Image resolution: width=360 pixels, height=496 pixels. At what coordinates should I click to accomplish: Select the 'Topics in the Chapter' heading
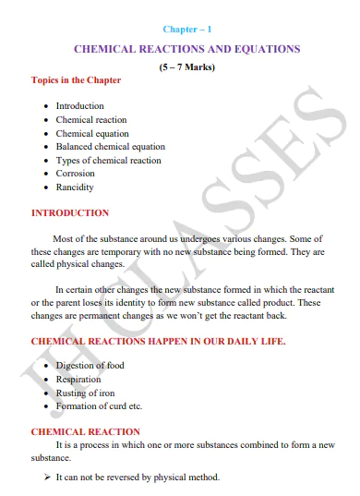pyautogui.click(x=76, y=80)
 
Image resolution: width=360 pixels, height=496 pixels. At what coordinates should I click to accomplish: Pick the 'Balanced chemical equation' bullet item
pyautogui.click(x=111, y=147)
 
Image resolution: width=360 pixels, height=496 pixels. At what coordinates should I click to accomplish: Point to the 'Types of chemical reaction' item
pyautogui.click(x=108, y=160)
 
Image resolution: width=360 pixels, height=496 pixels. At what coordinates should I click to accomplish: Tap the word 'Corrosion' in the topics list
pyautogui.click(x=76, y=173)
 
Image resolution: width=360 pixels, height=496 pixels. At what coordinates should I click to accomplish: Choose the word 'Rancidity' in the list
pyautogui.click(x=75, y=187)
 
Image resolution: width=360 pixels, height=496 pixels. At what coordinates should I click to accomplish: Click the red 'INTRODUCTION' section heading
pyautogui.click(x=70, y=213)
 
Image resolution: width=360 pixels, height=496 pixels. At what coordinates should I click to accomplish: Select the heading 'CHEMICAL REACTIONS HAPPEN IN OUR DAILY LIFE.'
pyautogui.click(x=158, y=342)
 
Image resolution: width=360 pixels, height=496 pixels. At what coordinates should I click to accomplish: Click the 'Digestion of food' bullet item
pyautogui.click(x=90, y=366)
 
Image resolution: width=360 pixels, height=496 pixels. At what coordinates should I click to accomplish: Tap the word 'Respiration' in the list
pyautogui.click(x=78, y=379)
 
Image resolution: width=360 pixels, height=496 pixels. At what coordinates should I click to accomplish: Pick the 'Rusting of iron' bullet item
pyautogui.click(x=86, y=393)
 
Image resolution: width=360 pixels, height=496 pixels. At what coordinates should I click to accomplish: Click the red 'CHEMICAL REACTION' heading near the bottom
pyautogui.click(x=86, y=431)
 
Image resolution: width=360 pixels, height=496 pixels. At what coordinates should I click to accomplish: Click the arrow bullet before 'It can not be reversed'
pyautogui.click(x=47, y=478)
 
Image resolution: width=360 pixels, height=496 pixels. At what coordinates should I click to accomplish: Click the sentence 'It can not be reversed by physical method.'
pyautogui.click(x=138, y=478)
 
